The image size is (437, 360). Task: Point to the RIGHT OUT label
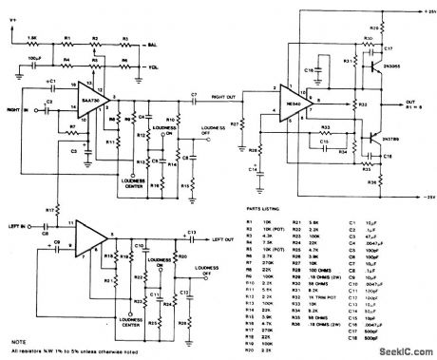pos(225,95)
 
